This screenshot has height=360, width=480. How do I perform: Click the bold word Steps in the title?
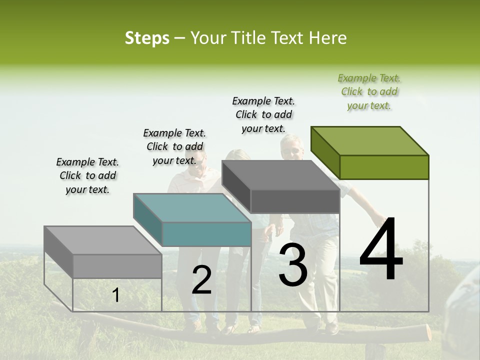pyautogui.click(x=147, y=38)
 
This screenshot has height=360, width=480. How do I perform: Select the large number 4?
pyautogui.click(x=381, y=250)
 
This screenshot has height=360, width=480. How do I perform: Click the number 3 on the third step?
pyautogui.click(x=293, y=265)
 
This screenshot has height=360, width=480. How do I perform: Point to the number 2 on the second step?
pyautogui.click(x=201, y=280)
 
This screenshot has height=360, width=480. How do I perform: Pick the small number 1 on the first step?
pyautogui.click(x=116, y=295)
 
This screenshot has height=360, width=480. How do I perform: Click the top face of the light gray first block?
pyautogui.click(x=103, y=240)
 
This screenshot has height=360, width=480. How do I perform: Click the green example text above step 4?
pyautogui.click(x=369, y=91)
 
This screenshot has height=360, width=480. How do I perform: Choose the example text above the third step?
pyautogui.click(x=263, y=114)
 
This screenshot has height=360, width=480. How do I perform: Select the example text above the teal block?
pyautogui.click(x=174, y=146)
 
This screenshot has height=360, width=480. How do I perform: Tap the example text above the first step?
pyautogui.click(x=87, y=175)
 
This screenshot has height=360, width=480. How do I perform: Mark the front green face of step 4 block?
pyautogui.click(x=384, y=167)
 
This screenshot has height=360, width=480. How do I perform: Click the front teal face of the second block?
pyautogui.click(x=206, y=234)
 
